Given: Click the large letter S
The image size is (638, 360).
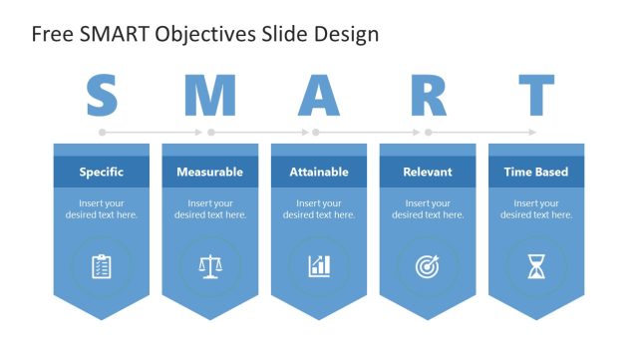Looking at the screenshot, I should coord(102,96).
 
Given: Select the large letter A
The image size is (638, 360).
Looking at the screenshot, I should coord(319,96).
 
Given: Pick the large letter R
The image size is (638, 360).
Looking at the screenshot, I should coord(428,96).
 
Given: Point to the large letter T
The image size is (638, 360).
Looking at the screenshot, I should coord(536,96).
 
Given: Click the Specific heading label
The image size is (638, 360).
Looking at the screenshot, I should coord(102,172).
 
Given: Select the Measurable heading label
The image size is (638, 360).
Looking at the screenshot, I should coord(209,172).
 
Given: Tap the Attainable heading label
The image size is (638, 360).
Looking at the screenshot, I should coord(319,172).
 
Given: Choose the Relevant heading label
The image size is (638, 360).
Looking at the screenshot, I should coord(428,172).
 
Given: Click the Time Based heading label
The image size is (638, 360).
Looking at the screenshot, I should coord(536,172).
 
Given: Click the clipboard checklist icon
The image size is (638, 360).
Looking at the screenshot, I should coord(102,266).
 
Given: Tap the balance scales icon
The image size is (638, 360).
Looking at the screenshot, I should coord(209,266).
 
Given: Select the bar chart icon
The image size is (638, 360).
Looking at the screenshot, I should coord(319,266).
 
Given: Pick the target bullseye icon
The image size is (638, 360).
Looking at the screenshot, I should coord(428,266).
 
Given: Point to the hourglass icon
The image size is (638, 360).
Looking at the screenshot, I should coord(536,266).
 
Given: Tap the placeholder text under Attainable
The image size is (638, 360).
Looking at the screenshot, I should coord(319,209).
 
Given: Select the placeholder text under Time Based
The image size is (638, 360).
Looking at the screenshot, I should coord(536,209).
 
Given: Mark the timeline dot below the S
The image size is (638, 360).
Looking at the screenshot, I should coord(102,132).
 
